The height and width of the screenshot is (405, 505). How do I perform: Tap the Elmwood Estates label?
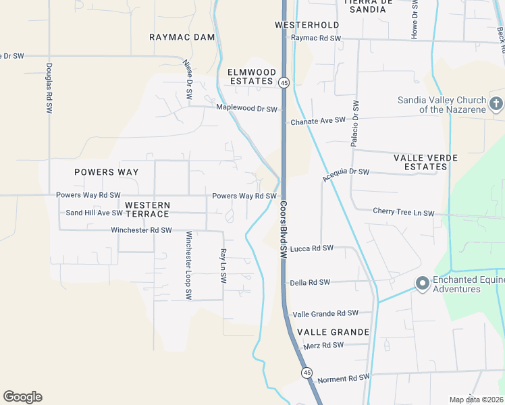point(251,76)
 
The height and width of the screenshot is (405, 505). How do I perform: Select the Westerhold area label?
point(307,25)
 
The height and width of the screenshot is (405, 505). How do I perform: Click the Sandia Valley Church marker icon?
point(496,104)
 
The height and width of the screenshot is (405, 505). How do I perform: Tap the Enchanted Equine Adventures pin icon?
point(423,283)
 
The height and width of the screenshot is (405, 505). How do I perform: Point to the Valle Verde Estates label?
point(425,162)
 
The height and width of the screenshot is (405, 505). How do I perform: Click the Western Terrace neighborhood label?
point(147,209)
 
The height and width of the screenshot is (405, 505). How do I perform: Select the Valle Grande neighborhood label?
point(333,332)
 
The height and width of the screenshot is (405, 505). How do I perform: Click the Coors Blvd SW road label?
point(284,230)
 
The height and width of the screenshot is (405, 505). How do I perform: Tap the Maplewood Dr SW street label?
point(246,108)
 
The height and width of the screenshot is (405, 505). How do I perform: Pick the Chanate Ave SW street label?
point(317,122)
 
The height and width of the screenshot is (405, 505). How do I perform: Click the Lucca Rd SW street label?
point(312,248)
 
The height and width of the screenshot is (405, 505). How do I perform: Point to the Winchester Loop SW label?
point(189,266)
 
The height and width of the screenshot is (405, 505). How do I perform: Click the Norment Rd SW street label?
point(343,378)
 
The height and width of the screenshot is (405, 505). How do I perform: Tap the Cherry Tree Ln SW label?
point(403,212)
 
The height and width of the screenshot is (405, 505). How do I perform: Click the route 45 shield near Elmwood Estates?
point(284,83)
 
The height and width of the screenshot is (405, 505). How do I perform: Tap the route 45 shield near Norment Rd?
point(307,373)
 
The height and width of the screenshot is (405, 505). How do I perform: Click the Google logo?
point(22,397)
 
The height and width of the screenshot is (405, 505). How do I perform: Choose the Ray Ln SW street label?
point(222,265)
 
